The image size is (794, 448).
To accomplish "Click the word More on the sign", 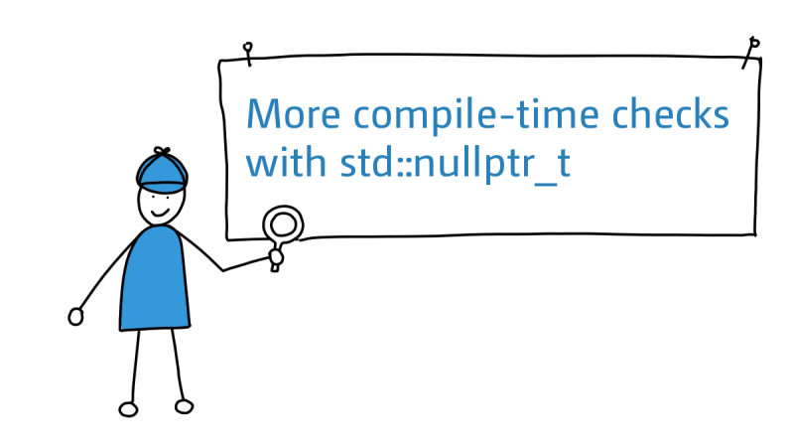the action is [293, 113].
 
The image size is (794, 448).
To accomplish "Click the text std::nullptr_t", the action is [456, 164].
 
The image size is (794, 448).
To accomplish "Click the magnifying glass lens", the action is [283, 224].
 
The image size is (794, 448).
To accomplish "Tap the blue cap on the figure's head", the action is [162, 173].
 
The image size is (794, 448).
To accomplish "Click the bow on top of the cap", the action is [162, 150].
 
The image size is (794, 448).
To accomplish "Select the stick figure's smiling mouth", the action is [160, 213].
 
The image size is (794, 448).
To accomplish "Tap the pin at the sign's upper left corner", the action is [247, 54].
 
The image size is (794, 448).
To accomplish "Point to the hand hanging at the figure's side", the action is [75, 317].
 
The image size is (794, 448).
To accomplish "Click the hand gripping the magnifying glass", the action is [276, 257].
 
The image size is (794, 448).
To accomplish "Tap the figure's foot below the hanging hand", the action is [128, 409].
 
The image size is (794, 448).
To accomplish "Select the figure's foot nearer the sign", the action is [184, 406].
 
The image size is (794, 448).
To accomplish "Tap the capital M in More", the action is [263, 113].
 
